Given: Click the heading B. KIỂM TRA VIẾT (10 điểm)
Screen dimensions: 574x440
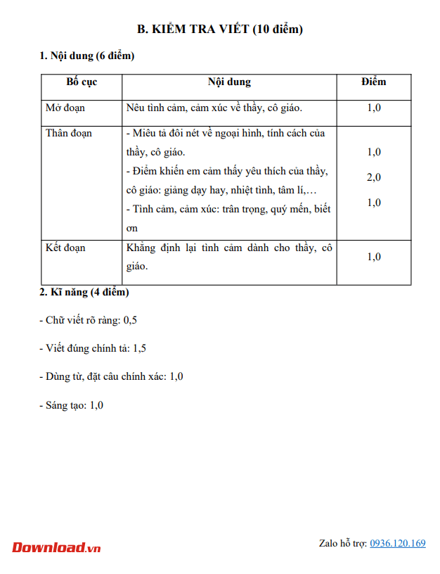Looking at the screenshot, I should click(219, 29).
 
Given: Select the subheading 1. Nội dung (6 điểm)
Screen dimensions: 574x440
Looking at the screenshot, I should click(87, 56).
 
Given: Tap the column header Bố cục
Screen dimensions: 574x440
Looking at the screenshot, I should click(82, 82).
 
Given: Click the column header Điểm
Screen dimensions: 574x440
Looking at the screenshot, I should click(374, 82).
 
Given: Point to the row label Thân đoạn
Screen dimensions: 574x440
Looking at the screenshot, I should click(69, 133).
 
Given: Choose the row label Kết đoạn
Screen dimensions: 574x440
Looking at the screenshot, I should click(65, 248).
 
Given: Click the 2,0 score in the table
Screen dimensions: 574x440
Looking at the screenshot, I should click(374, 177).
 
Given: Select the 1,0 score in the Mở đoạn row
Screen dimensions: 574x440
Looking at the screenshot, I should click(374, 108).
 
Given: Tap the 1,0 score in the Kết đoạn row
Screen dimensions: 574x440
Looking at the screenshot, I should click(374, 257).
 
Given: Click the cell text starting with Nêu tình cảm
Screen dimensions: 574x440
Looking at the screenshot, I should click(214, 108).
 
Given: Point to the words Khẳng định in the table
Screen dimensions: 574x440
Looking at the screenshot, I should click(149, 248).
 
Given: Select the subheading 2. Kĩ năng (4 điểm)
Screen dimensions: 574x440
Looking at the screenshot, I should click(84, 292).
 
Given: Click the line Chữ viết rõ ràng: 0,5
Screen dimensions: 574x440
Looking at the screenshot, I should click(88, 320).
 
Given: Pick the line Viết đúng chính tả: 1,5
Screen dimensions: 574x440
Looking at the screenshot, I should click(93, 348).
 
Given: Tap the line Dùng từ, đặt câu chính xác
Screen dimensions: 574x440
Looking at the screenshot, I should click(111, 376).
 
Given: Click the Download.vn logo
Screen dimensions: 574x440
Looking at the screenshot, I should click(56, 547).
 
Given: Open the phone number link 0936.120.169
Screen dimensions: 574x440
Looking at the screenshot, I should click(398, 543).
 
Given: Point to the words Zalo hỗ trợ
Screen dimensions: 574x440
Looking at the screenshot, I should click(343, 543).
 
